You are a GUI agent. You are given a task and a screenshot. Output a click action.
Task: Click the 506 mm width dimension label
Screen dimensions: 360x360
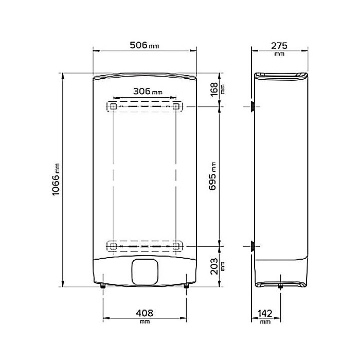click(145, 45)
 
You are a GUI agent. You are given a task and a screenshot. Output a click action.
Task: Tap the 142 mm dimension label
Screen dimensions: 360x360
click(265, 313)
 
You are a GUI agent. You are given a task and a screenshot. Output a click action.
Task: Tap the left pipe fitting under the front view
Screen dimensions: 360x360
click(103, 285)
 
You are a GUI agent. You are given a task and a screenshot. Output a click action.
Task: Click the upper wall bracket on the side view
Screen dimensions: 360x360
click(253, 106)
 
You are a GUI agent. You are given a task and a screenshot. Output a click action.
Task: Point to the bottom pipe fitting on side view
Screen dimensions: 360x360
click(280, 286)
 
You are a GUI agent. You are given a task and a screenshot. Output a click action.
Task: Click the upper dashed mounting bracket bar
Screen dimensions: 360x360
click(144, 106)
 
